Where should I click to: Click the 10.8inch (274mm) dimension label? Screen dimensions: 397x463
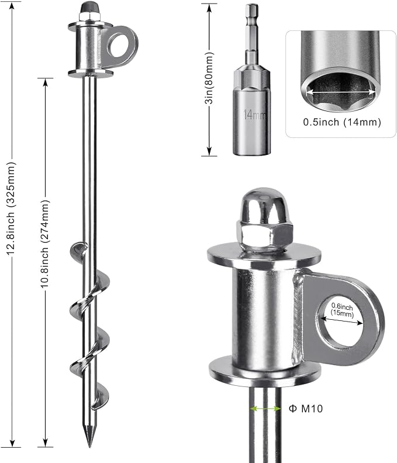(x=45, y=244)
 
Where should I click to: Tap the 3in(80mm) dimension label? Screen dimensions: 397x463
(x=209, y=78)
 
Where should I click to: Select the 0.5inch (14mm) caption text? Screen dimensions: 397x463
(x=342, y=122)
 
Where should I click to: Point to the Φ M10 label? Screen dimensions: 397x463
(x=305, y=409)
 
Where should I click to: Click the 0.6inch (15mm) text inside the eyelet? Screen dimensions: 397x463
(x=342, y=310)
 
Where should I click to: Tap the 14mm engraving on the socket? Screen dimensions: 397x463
(x=254, y=114)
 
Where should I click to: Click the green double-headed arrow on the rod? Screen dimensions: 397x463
(x=265, y=409)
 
